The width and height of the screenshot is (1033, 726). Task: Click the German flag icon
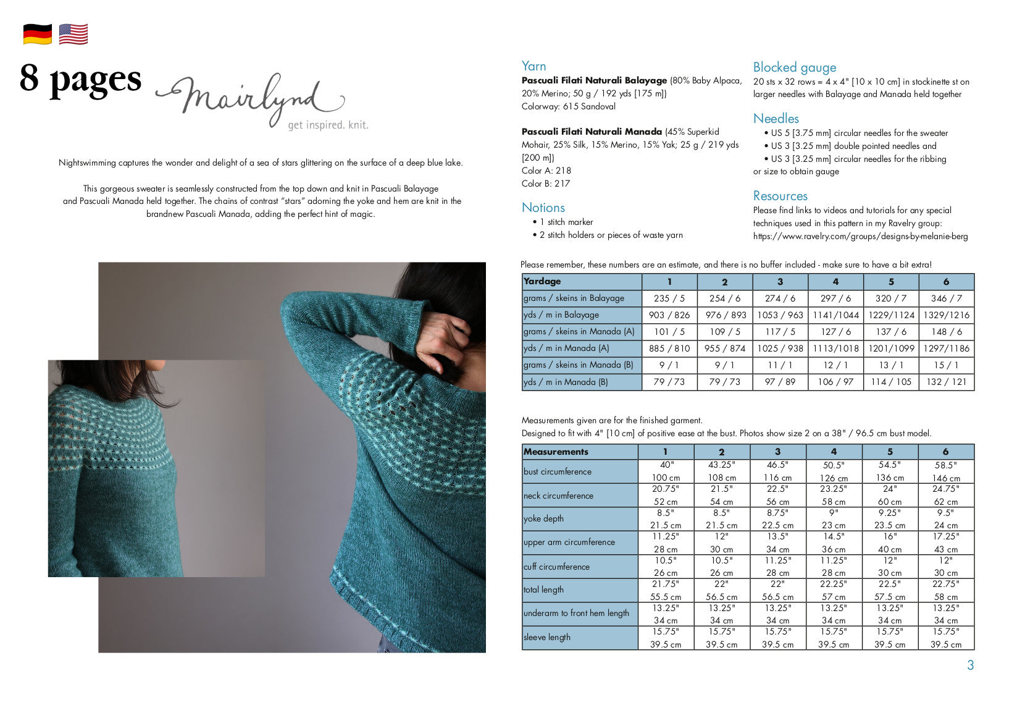38,34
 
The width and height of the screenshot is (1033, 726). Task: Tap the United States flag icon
73,34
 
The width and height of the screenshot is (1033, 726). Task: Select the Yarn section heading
533,66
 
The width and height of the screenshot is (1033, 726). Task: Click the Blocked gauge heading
794,67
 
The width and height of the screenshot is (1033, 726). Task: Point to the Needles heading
776,119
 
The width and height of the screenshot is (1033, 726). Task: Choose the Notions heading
543,208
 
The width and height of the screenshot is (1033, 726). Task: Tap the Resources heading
780,196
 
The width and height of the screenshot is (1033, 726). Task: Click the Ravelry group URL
860,236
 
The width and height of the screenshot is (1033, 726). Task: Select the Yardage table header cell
581,281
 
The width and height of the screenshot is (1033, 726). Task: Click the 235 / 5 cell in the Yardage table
669,298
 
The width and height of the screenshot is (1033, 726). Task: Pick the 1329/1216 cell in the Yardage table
946,314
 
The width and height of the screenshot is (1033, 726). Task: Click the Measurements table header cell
579,452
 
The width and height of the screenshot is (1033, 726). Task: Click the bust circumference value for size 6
945,471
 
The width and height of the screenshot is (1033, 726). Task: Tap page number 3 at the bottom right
970,665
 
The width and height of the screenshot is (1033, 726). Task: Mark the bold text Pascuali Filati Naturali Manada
592,132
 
